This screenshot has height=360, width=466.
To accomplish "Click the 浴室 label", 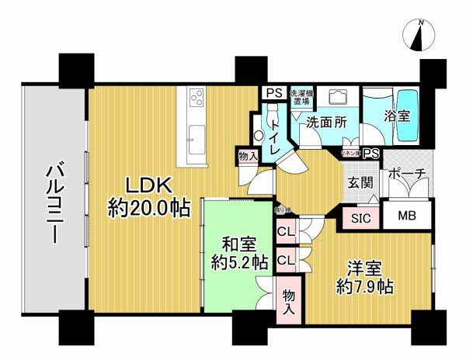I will click(x=398, y=116).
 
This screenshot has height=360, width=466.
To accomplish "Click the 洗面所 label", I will click(x=322, y=122).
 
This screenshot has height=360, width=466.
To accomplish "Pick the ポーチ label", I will click(x=406, y=173).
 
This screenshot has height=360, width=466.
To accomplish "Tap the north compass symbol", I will click(x=420, y=36).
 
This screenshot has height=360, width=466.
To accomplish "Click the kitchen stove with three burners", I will click(x=196, y=99).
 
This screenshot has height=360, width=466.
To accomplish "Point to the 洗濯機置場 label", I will click(x=299, y=99).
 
